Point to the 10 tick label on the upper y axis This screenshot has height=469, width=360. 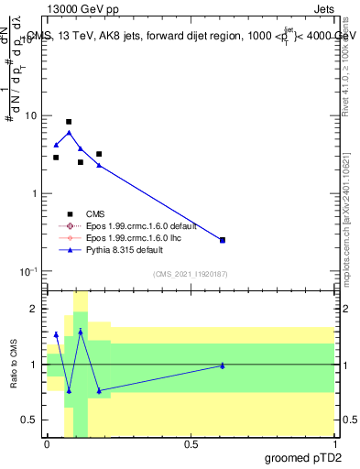(30, 116)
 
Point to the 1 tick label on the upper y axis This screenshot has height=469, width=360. (34, 194)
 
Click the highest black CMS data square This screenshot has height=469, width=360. (69, 122)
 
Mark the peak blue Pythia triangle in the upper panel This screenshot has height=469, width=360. (69, 133)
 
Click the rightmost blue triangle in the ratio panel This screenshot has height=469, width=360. (223, 365)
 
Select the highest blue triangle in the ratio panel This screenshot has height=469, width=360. (81, 332)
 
